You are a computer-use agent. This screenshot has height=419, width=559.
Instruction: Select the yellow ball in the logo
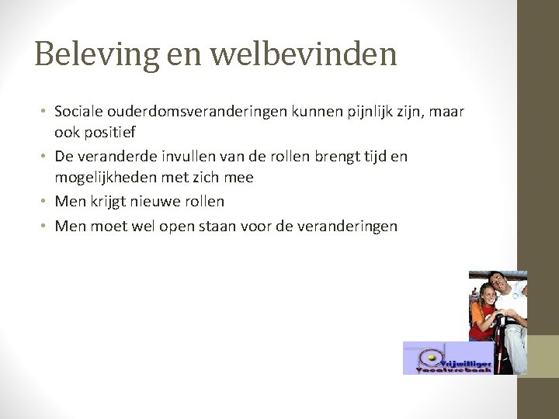pos(429,358)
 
